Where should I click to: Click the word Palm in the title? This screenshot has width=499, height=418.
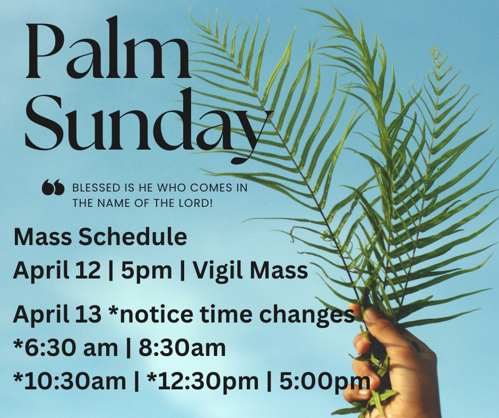[x=108, y=48]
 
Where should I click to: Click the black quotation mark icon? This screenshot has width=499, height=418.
[x=53, y=187]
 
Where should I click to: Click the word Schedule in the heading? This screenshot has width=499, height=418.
[x=133, y=237]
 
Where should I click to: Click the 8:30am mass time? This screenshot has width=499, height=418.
[x=182, y=347]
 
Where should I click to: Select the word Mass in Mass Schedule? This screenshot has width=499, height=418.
[x=42, y=237]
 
